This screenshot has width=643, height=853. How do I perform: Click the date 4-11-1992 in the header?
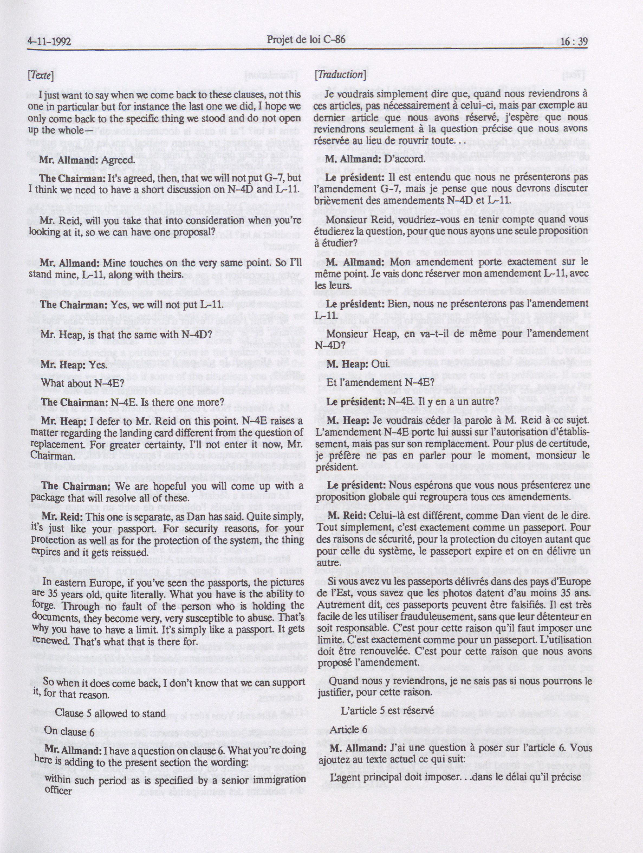pyautogui.click(x=49, y=41)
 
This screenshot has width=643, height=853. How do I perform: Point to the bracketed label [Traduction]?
pyautogui.click(x=340, y=74)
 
